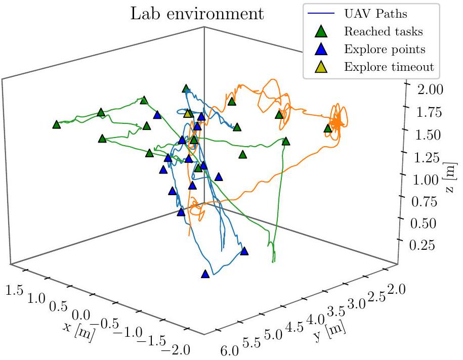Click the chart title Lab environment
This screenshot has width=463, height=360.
[x=198, y=14]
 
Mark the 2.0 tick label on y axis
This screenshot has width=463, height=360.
[x=396, y=289]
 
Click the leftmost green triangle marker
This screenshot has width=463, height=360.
[x=56, y=124]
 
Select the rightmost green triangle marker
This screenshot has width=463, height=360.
[x=327, y=128]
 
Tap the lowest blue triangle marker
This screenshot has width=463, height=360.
[x=205, y=274]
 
